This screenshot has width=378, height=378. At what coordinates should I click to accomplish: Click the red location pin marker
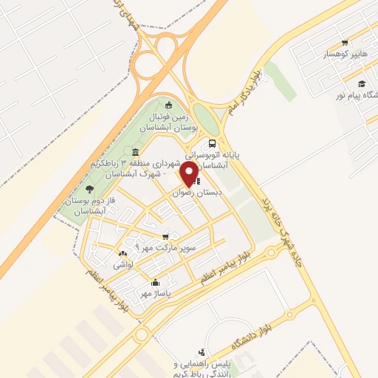coord(189,174)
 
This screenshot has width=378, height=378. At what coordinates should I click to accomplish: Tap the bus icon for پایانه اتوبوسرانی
coord(213,144)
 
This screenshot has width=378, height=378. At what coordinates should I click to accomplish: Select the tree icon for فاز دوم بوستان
coord(89,190)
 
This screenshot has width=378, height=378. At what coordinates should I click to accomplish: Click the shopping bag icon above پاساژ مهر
coord(155,282)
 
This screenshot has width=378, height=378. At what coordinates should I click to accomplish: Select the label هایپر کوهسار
coord(344,54)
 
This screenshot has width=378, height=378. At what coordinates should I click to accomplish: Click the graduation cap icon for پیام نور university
coord(362,83)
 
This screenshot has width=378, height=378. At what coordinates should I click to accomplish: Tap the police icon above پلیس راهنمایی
coord(202,352)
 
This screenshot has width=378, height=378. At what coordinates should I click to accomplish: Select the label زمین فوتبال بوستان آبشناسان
coord(169,121)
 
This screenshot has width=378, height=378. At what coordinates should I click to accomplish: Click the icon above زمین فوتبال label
coord(169,104)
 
